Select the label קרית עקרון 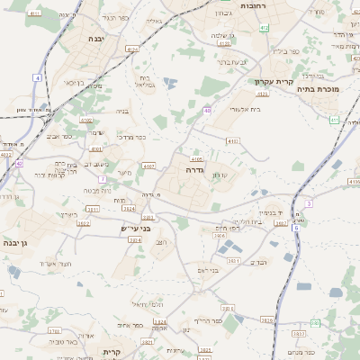269,81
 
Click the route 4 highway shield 38,78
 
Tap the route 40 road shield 207,111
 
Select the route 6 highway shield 296,228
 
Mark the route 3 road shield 309,204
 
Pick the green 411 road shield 334,119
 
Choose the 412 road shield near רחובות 263,28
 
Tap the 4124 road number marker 134,49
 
